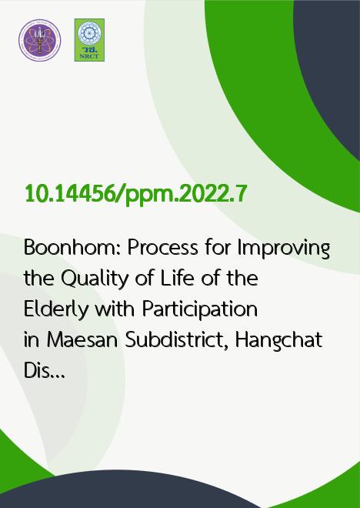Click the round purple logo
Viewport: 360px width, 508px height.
coord(40,40)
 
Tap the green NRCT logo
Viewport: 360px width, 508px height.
coord(89,40)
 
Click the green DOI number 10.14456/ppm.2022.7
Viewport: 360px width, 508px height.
coord(136,195)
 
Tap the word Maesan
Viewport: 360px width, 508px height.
coord(82,340)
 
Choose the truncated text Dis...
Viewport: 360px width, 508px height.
coord(45,371)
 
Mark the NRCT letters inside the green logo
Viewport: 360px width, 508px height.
coord(89,56)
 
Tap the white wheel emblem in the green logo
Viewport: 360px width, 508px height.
coord(89,34)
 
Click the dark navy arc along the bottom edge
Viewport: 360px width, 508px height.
coord(129,490)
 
